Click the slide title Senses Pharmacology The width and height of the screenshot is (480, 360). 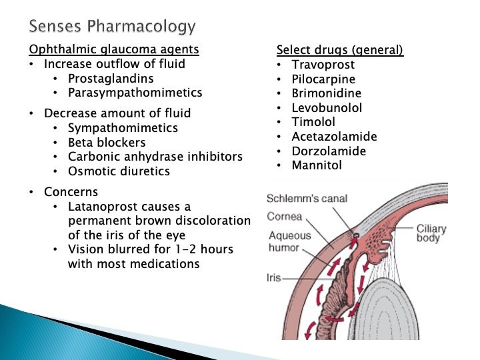pos(113,27)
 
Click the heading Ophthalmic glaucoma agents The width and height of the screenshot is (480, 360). pos(114,50)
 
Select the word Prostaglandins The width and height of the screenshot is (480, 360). pos(111,79)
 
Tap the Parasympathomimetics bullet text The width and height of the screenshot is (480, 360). pos(135,93)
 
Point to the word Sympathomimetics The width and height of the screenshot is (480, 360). pos(123,127)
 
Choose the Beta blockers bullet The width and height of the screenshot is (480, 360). pos(107,142)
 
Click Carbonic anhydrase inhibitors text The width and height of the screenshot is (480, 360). pos(155,157)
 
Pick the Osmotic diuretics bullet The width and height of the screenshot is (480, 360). pos(119,171)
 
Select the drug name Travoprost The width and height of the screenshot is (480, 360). pos(323,65)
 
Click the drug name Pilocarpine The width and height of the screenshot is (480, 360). pos(323,79)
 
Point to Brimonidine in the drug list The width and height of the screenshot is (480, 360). pos(327,93)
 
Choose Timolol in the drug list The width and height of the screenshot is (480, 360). pos(313,122)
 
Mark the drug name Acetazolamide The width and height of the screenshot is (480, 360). pos(334,137)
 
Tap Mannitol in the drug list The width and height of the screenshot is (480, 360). pos(317,165)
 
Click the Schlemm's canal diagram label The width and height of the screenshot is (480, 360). pos(307,199)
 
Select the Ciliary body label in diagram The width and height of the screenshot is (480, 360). pos(431,233)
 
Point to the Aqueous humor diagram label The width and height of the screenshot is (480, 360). pos(291,241)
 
